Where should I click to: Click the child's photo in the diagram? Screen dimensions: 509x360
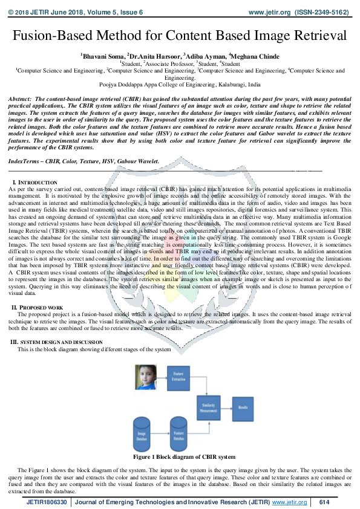coord(145,376)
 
